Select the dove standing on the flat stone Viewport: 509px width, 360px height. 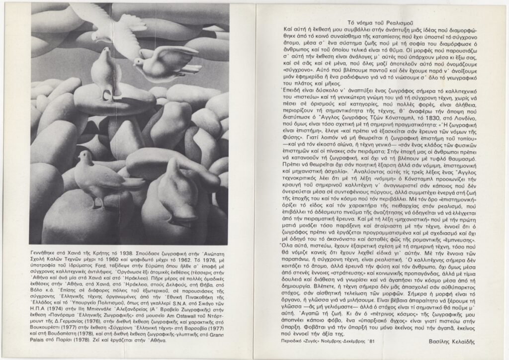pyautogui.click(x=105, y=72)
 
